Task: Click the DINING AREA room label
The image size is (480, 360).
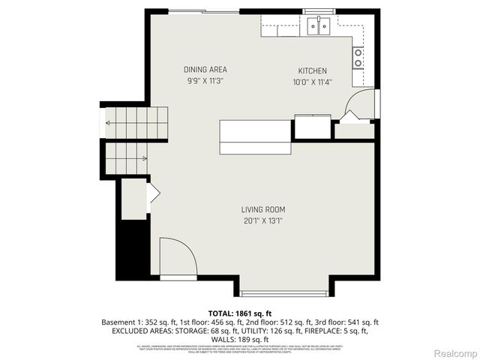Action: [205, 70]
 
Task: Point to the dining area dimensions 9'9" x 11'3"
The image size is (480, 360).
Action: [205, 81]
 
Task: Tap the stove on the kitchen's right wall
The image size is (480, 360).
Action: [358, 57]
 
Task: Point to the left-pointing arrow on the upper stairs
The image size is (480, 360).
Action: [109, 123]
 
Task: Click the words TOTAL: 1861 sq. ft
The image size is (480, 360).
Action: [239, 312]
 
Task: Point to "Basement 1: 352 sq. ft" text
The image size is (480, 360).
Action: [137, 322]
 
